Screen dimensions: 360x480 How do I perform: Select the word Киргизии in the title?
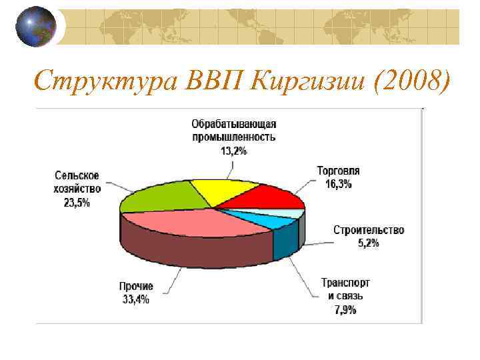[x=309, y=83]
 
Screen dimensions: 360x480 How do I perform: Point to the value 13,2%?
[x=233, y=151]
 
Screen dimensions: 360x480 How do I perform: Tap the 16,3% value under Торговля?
[x=339, y=185]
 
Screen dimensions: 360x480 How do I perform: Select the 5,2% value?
[x=369, y=243]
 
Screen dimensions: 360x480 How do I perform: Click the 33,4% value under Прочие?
[x=136, y=299]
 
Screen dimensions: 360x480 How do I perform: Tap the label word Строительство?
[x=369, y=230]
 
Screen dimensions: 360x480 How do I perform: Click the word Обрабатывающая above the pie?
[x=234, y=124]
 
